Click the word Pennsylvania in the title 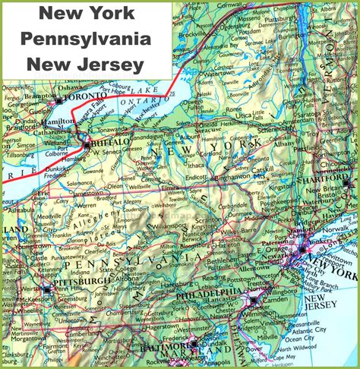tap(86, 39)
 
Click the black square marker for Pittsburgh tap(48, 289)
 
